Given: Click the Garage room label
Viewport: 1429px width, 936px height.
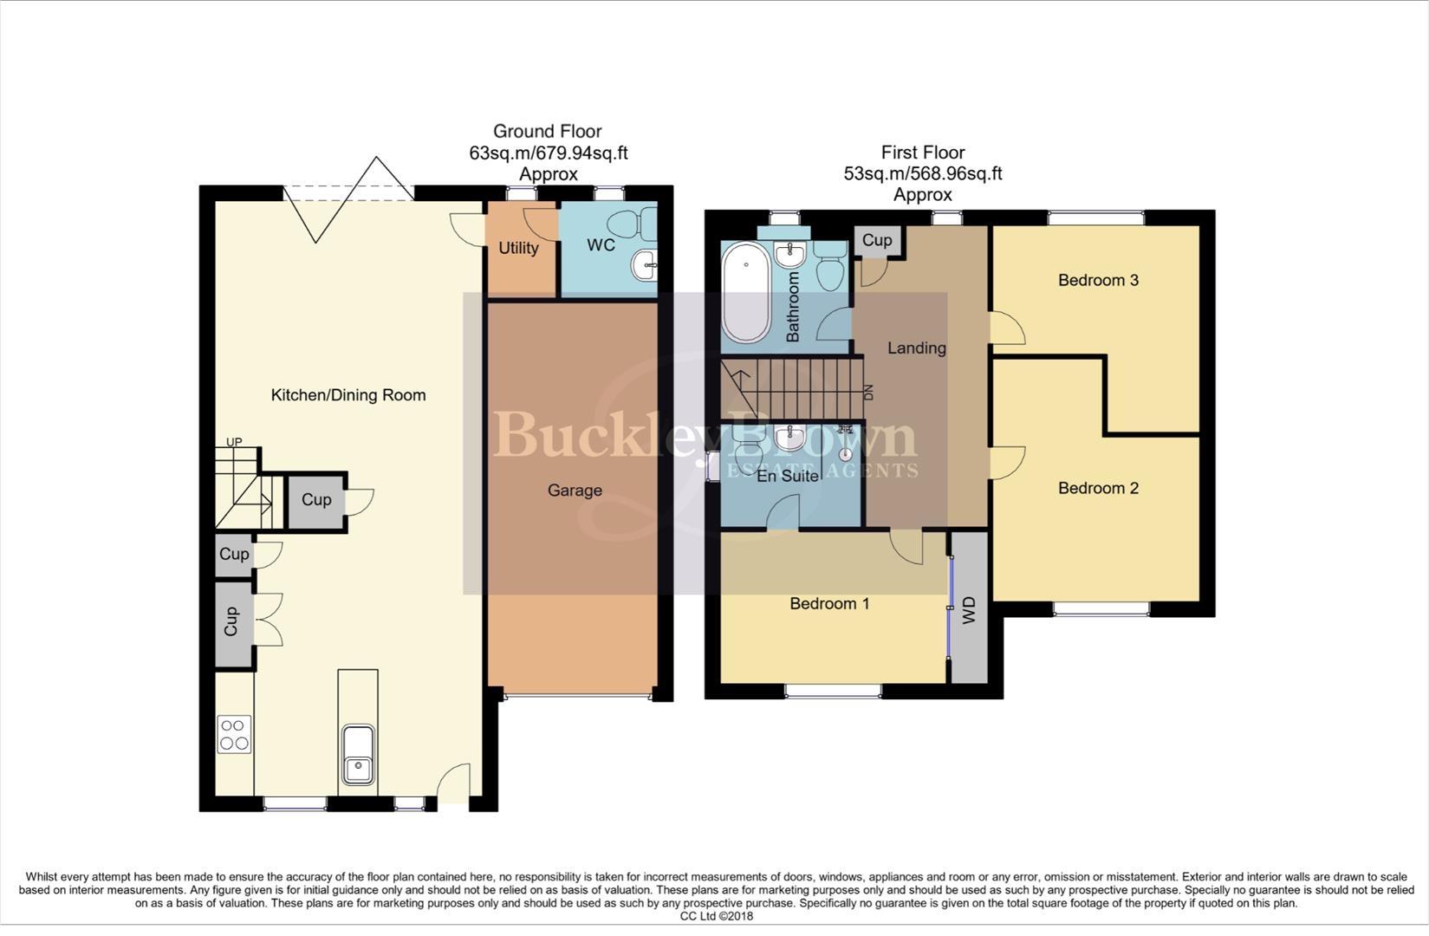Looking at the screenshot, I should tap(575, 491).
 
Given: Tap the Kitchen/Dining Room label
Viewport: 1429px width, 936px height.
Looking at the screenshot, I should tap(348, 395).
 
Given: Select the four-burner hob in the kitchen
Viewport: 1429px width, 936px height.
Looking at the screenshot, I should tap(234, 734).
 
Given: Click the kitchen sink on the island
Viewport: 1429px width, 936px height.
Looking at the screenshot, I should tap(357, 754).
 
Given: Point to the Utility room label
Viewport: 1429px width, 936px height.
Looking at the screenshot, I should tap(518, 248).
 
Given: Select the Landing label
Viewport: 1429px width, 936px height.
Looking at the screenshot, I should tap(916, 348).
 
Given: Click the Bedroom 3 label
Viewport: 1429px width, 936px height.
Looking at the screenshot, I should tap(1098, 280).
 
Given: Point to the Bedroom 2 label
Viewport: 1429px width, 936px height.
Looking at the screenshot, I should tap(1098, 488).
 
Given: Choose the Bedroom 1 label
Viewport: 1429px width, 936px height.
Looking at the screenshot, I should tap(829, 603).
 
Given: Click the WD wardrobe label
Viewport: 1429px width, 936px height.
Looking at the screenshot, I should tap(970, 610).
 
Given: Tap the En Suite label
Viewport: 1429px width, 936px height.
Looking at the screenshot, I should tap(788, 476).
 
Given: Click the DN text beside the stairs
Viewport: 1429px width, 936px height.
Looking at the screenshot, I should tap(868, 392).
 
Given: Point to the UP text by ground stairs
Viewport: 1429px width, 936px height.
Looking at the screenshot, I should tap(234, 442).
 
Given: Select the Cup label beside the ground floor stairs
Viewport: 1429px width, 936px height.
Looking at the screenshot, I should tap(316, 500).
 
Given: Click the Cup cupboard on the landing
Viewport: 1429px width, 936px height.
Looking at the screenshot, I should tap(877, 240).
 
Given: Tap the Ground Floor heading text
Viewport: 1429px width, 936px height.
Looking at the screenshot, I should tap(547, 132).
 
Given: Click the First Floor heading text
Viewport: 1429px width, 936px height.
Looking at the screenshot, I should tap(922, 153).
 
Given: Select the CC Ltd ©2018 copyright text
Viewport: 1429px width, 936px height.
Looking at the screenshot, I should tap(716, 916).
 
